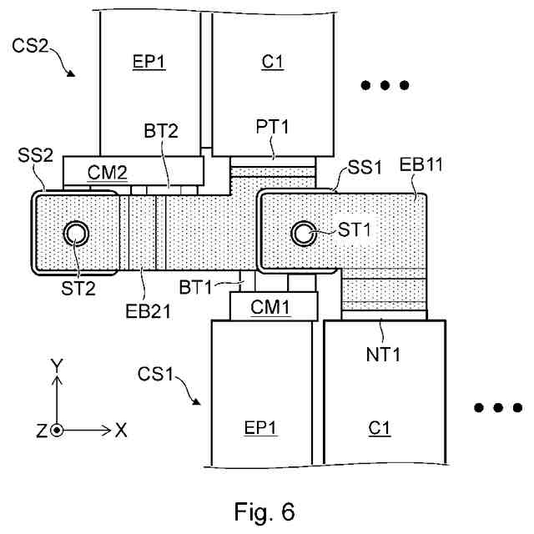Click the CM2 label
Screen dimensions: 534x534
[x=108, y=173]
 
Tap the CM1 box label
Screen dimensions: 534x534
[x=270, y=307]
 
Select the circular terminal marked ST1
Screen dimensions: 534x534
[x=303, y=234]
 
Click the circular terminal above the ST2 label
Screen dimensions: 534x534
[x=76, y=234]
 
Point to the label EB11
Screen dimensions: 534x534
[x=421, y=164]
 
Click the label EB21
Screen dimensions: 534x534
[x=149, y=311]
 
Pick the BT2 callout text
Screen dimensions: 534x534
[x=161, y=131]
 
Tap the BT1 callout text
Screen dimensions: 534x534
[x=195, y=287]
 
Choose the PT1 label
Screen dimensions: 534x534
[x=272, y=127]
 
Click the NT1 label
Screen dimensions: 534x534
[x=383, y=355]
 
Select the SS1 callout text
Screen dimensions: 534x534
[x=365, y=168]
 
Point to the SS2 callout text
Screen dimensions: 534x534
[x=35, y=155]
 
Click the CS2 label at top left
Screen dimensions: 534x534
[x=30, y=46]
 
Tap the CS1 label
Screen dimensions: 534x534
[x=156, y=374]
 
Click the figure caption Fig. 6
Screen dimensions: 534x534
[x=264, y=511]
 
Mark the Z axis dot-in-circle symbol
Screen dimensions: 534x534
[x=57, y=431]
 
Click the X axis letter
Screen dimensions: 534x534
[x=121, y=431]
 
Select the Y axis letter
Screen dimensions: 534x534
[x=57, y=365]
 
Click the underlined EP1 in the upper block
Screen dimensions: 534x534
[x=149, y=62]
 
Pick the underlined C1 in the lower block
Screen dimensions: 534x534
[x=380, y=428]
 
